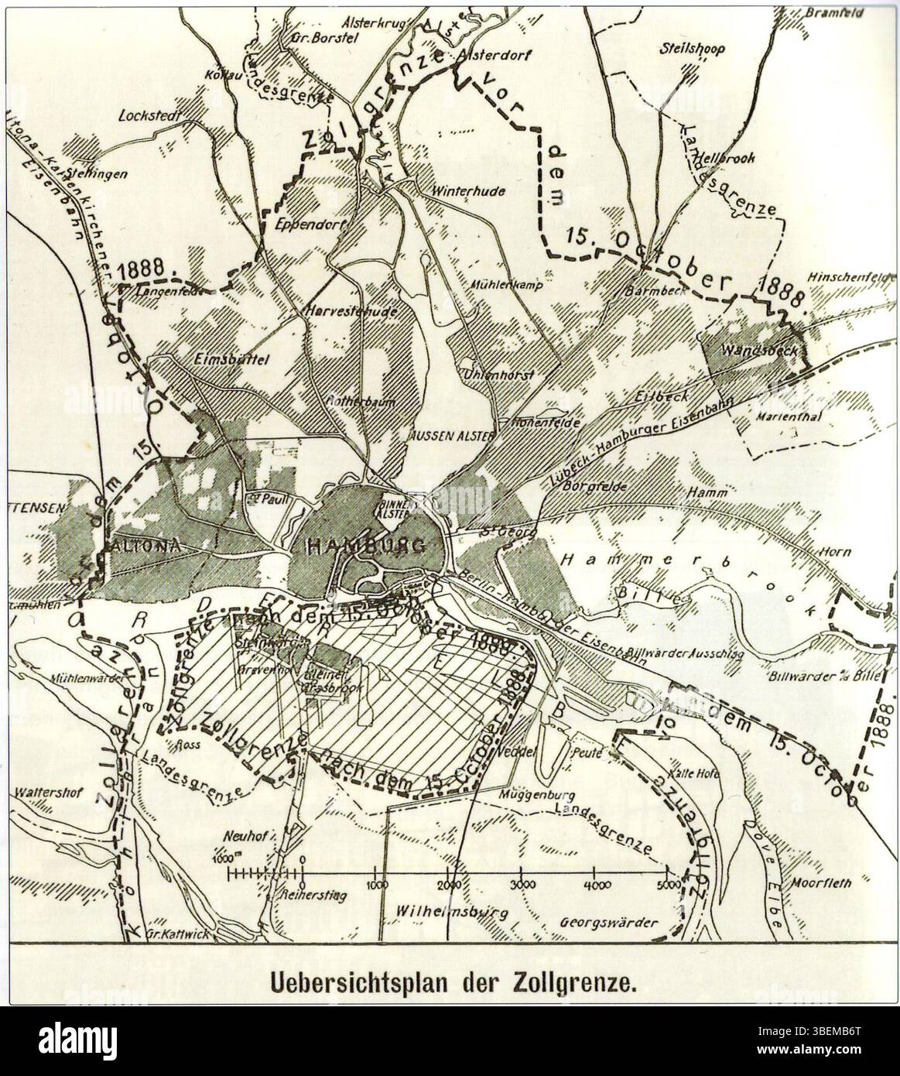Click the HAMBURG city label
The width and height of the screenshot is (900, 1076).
point(366,547)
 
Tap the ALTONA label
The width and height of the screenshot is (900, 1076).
point(147,547)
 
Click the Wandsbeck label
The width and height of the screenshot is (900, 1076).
point(751,350)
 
